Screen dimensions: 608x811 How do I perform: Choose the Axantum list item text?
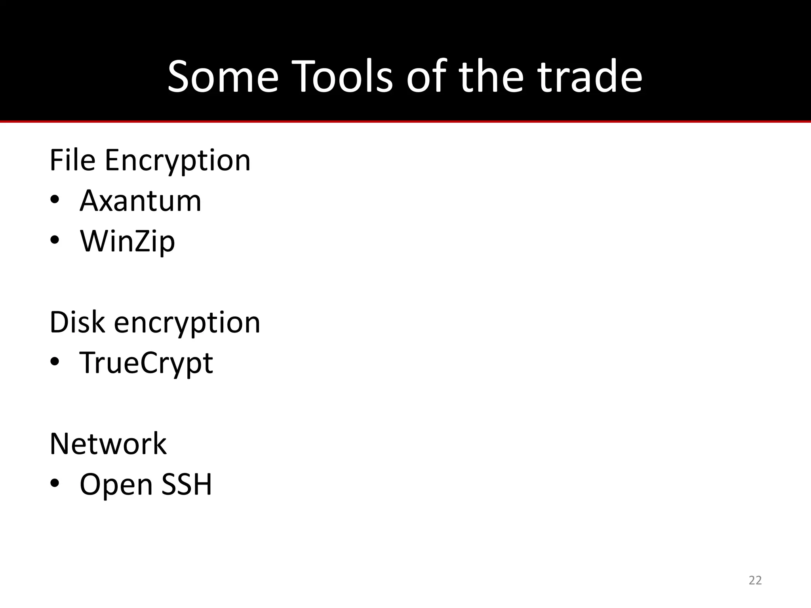141,201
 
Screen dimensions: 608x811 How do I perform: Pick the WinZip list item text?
128,242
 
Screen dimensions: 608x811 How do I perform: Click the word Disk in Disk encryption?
77,322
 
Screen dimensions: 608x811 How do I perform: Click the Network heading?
108,444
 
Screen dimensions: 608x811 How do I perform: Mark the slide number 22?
755,580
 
